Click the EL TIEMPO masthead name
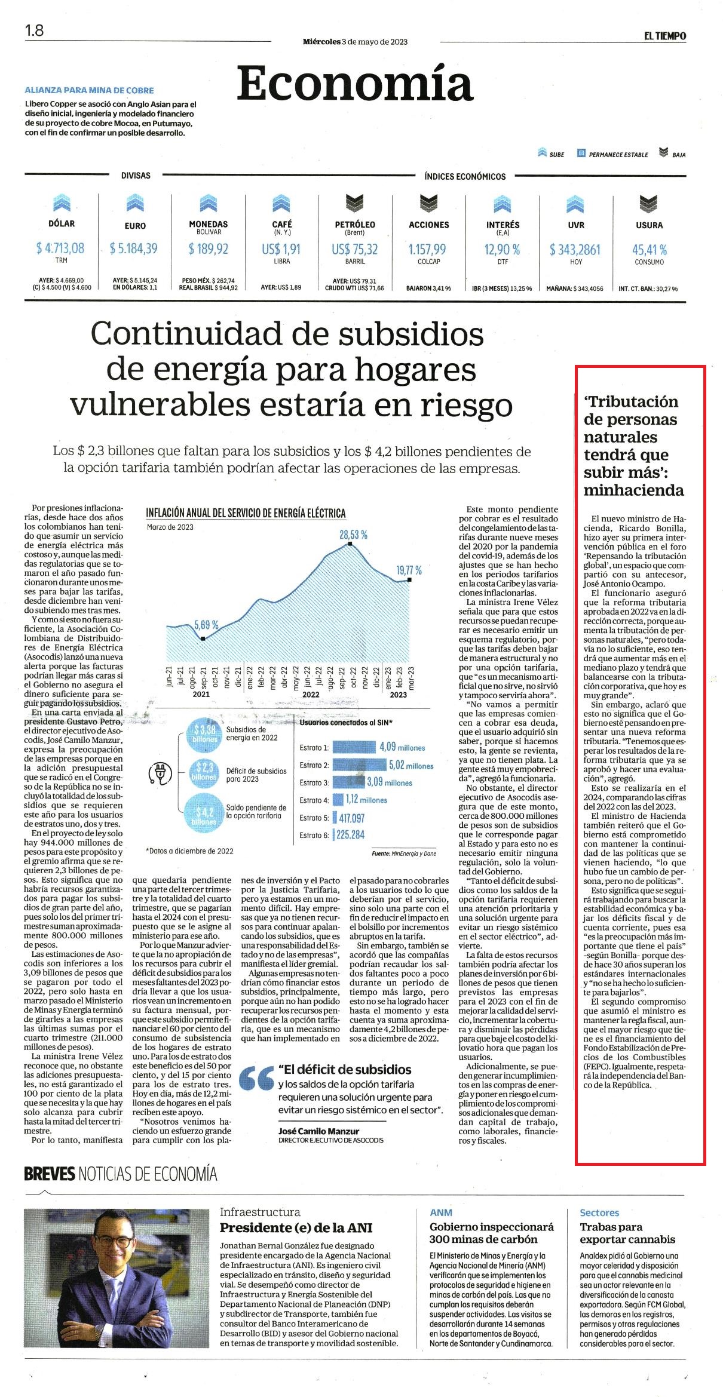tap(664, 36)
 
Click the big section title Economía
tap(355, 84)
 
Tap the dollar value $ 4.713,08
tap(60, 248)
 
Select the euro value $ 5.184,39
tap(134, 248)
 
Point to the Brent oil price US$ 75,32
tap(355, 249)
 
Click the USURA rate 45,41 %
tap(650, 250)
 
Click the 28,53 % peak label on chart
tap(354, 535)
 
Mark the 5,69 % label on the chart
tap(206, 625)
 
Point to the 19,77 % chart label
tap(409, 570)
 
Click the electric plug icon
tap(159, 773)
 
